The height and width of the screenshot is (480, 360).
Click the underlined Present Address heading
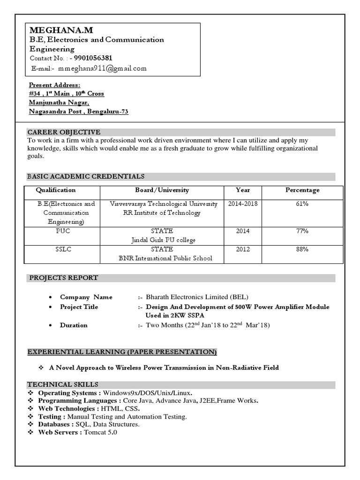pos(54,85)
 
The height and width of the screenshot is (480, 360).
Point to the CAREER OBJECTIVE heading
pos(64,132)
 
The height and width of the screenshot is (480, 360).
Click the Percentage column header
pos(302,190)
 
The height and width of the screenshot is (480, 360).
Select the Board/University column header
pos(162,190)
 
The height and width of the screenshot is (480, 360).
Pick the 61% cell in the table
pos(302,204)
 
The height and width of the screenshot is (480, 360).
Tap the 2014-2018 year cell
pos(243,204)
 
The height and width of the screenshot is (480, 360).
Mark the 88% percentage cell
pos(302,249)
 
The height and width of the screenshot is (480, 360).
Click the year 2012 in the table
pos(243,249)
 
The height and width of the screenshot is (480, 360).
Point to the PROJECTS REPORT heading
pos(64,278)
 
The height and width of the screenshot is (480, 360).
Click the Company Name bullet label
pos(86,297)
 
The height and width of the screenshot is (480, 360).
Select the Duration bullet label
pos(74,325)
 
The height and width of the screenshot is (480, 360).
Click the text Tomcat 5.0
pos(101,432)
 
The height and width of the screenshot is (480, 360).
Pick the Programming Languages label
pos(79,401)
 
